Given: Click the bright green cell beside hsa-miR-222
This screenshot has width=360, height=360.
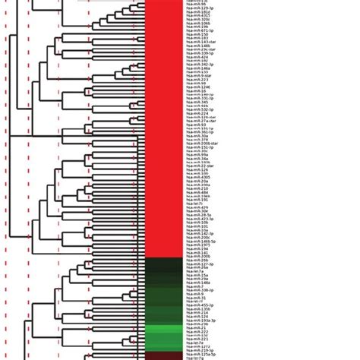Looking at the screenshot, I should coord(163,332).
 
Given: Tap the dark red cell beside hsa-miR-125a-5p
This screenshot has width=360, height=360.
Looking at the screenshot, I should coord(163,354).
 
